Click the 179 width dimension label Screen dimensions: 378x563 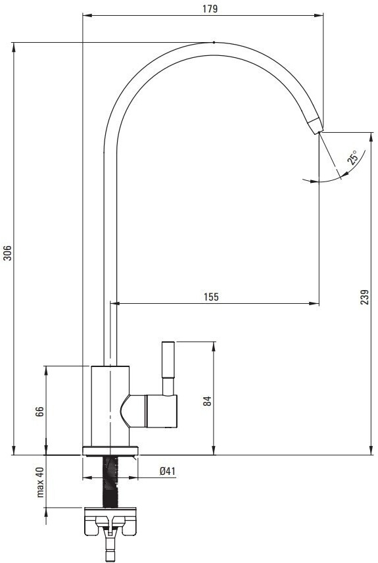210,9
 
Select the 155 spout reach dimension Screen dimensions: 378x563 211,297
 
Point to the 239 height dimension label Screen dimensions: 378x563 364,297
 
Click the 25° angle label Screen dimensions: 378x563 353,157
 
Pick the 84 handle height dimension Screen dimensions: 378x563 207,401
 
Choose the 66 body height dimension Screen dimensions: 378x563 39,411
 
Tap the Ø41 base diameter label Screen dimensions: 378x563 168,471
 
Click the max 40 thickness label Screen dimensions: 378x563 40,482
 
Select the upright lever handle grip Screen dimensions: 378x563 168,359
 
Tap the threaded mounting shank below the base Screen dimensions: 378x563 110,481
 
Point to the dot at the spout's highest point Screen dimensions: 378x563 214,42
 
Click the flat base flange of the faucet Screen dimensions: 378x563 110,451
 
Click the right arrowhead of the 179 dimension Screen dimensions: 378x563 319,15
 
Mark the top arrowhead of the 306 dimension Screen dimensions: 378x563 14,47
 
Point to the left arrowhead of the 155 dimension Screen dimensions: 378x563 114,304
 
